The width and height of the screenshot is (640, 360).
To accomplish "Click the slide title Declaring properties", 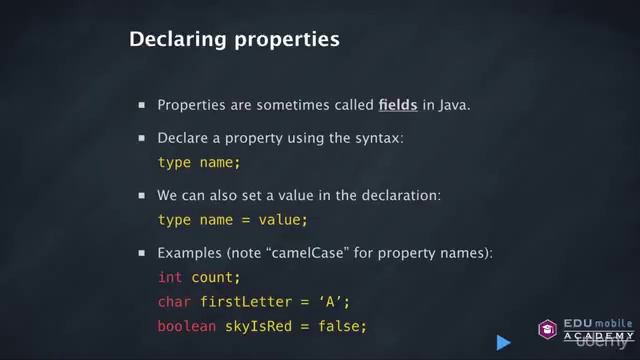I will pyautogui.click(x=234, y=41).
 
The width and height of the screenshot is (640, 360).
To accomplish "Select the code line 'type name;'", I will pyautogui.click(x=200, y=162).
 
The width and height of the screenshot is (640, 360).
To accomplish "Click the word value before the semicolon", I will pyautogui.click(x=282, y=219).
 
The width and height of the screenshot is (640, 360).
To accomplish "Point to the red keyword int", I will pyautogui.click(x=170, y=276).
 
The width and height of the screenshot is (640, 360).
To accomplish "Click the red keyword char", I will pyautogui.click(x=174, y=301).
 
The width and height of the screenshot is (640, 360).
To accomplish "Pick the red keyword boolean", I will pyautogui.click(x=187, y=326).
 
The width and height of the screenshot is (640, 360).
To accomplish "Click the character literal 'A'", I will pyautogui.click(x=336, y=301).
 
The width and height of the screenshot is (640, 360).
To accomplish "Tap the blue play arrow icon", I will pyautogui.click(x=503, y=342).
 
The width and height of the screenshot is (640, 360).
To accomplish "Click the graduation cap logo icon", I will pyautogui.click(x=548, y=329).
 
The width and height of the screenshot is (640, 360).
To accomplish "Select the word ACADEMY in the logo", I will pyautogui.click(x=591, y=335).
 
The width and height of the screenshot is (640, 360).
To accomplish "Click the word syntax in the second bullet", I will pyautogui.click(x=380, y=138).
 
